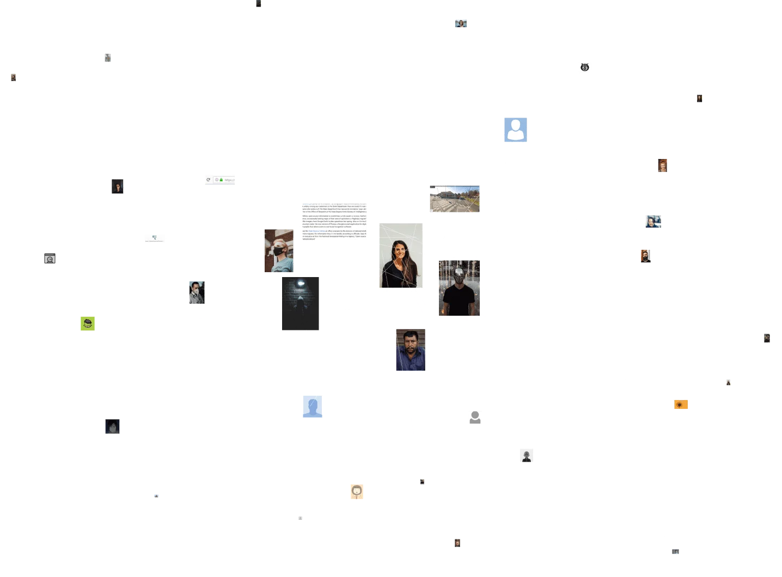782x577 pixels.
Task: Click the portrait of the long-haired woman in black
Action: pos(401,255)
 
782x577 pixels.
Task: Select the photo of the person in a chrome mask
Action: pos(459,287)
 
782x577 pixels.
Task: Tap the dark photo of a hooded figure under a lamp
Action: pos(301,303)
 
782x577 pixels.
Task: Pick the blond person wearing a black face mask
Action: pos(279,250)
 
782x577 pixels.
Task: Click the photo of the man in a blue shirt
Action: pos(410,350)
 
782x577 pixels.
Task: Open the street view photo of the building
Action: pos(454,199)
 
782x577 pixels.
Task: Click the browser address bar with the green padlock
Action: pos(219,180)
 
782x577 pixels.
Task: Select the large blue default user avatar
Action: pos(515,130)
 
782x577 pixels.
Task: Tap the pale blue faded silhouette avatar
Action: pos(312,406)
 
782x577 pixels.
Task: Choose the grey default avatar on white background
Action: pos(475,418)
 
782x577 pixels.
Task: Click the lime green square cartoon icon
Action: pos(88,324)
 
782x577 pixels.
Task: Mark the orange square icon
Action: pos(681,404)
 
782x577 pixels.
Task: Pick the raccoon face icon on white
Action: pos(584,67)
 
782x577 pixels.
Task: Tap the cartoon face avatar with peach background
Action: pos(357,492)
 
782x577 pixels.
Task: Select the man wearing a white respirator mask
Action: pos(197,292)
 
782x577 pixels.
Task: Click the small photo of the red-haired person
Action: pos(662,165)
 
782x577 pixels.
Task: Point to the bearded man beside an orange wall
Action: pos(645,255)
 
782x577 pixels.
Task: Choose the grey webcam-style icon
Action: pos(50,259)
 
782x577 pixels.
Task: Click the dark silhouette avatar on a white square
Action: pos(526,455)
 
